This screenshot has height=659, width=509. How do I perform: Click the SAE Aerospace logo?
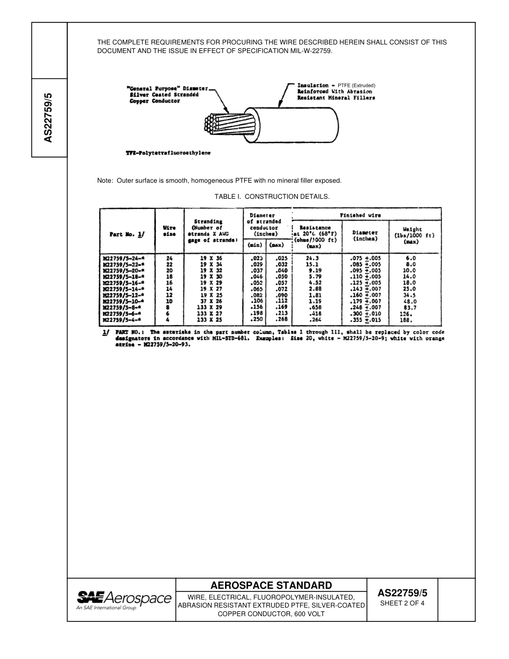[x=124, y=599]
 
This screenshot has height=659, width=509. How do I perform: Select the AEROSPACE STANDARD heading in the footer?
[x=271, y=585]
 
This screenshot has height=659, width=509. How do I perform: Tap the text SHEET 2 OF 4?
[x=402, y=603]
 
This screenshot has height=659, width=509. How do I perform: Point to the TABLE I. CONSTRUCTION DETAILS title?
[x=272, y=197]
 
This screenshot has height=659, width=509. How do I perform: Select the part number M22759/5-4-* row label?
[x=126, y=320]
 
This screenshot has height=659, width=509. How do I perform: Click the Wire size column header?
[x=169, y=231]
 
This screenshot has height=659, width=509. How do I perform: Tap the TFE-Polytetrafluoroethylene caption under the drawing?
[x=168, y=153]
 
